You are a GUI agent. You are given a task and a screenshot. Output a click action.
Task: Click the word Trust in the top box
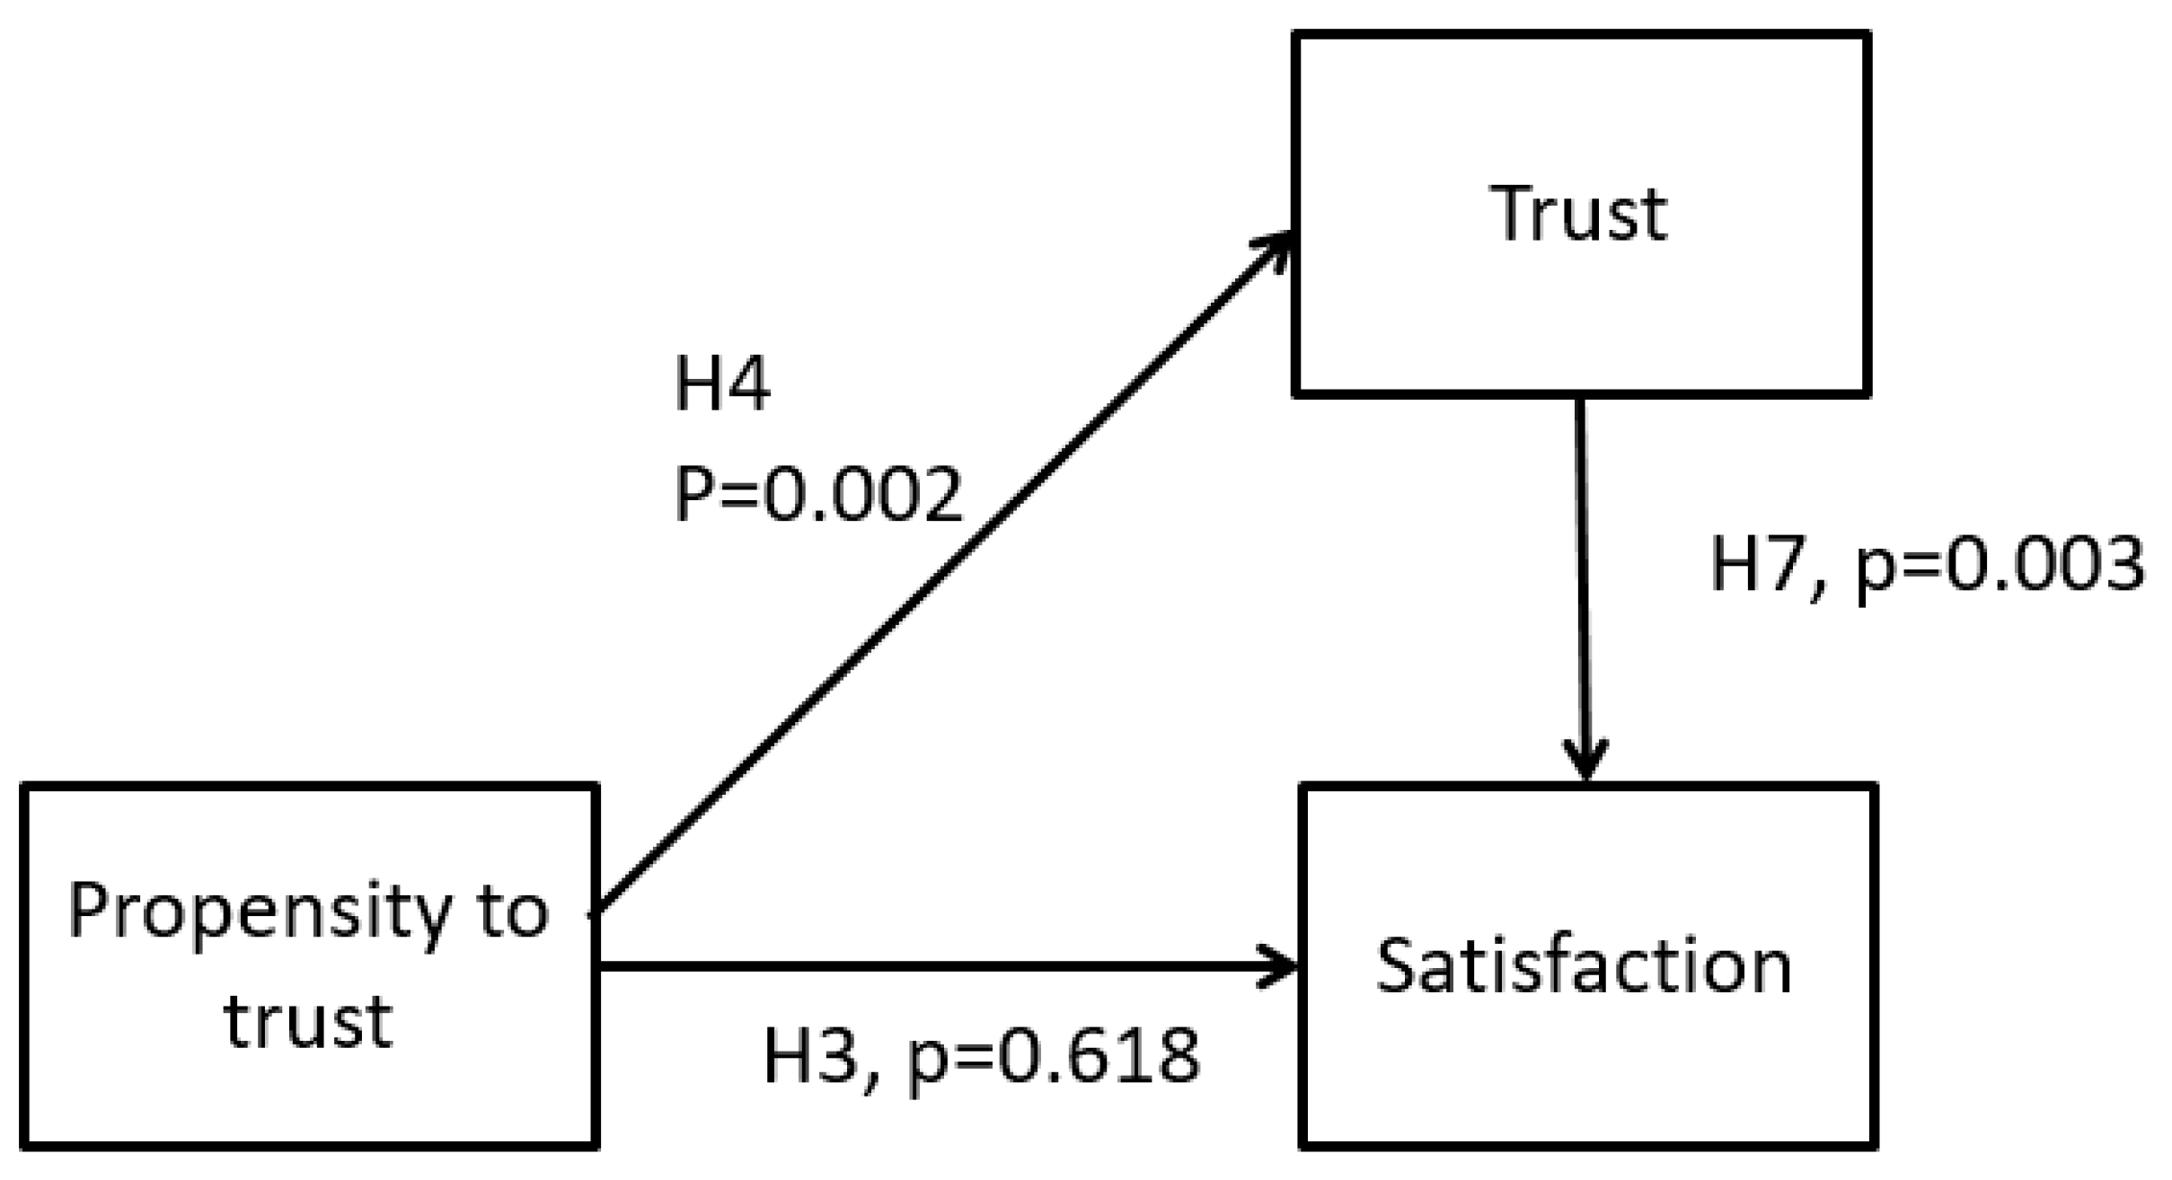(x=1578, y=214)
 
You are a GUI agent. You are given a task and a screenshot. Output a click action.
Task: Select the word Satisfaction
(x=1584, y=966)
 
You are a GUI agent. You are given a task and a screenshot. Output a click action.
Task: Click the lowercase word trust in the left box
(x=307, y=1021)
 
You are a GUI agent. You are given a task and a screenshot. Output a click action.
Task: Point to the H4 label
(x=721, y=384)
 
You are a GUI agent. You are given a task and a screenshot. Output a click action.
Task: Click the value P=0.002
(x=818, y=494)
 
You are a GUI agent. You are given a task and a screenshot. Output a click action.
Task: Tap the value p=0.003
(x=2000, y=566)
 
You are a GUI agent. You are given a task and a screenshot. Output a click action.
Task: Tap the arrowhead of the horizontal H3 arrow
(x=1280, y=966)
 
